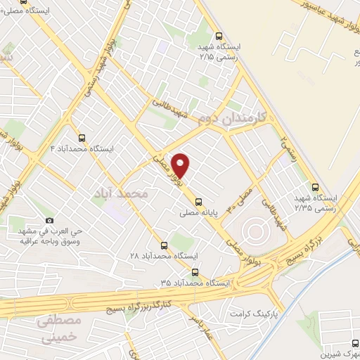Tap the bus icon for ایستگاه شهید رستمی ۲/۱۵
(219, 37)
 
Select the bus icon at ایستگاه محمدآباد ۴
(83, 138)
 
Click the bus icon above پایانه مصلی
(198, 199)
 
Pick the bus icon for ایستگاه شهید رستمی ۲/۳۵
(315, 187)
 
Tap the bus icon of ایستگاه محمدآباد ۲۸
(164, 245)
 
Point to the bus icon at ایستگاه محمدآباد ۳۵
(195, 271)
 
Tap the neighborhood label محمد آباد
(121, 191)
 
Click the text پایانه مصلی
(198, 211)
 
